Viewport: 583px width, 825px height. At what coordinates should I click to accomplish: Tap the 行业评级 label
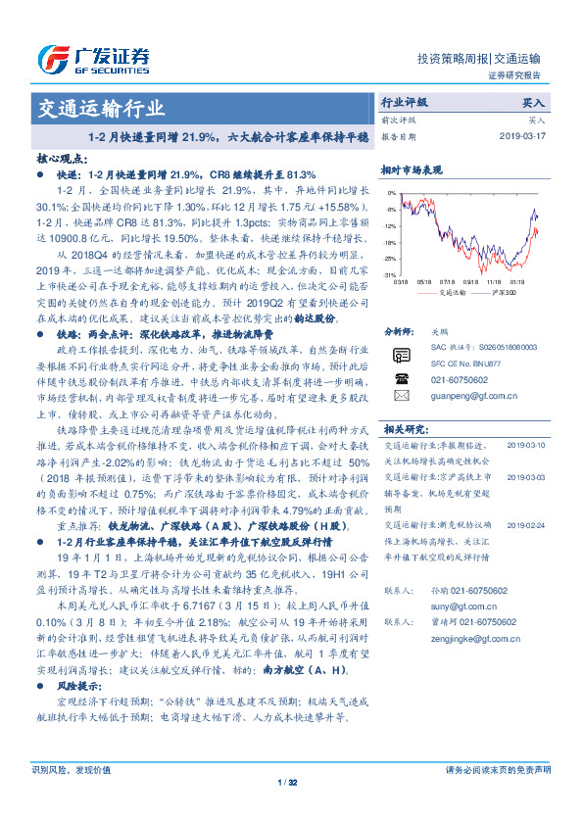pyautogui.click(x=405, y=102)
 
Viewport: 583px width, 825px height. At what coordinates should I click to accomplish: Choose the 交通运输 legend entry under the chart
pyautogui.click(x=451, y=292)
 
